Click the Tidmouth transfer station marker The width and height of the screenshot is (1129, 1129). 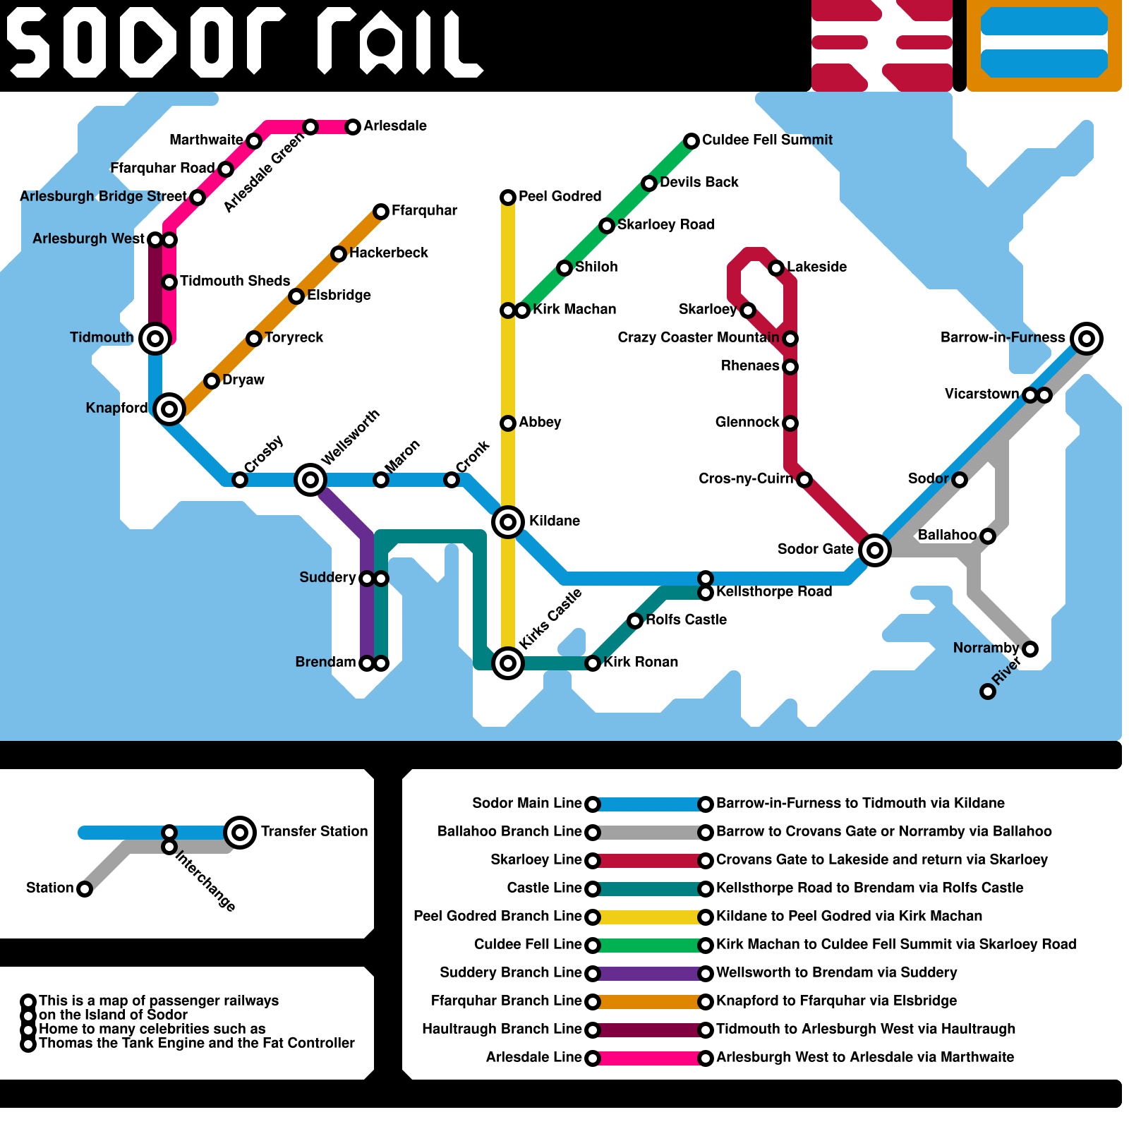(155, 339)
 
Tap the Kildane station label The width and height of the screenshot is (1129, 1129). (554, 521)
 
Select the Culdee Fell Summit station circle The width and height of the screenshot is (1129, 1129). (692, 141)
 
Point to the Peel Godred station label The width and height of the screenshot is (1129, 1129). (560, 197)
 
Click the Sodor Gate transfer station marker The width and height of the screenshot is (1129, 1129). (875, 550)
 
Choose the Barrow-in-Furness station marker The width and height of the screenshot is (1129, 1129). (1087, 339)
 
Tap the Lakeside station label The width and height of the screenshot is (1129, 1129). (816, 267)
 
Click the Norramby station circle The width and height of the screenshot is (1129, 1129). (1030, 649)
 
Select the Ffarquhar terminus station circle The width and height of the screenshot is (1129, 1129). (381, 212)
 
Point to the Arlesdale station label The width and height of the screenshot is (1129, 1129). (395, 126)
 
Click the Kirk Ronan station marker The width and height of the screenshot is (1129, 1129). (593, 663)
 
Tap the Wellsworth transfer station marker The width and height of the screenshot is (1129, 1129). (310, 480)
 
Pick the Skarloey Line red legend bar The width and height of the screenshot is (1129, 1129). (649, 861)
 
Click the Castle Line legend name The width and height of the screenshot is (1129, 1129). (544, 888)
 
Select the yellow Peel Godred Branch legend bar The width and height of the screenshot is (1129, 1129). (649, 917)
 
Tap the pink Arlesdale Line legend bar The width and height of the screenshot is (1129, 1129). (649, 1058)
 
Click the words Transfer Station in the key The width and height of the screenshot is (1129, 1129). (314, 832)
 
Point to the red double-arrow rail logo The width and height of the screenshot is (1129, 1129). (882, 46)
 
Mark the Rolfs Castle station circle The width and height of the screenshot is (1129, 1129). (635, 621)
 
